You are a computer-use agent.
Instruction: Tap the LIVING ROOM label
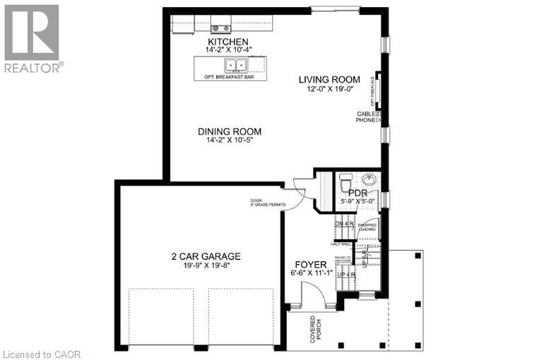point(329,80)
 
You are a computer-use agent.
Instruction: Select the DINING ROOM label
point(230,131)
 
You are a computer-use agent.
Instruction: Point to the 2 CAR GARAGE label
point(206,256)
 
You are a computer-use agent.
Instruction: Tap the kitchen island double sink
point(235,66)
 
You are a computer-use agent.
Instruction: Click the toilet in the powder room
point(345,184)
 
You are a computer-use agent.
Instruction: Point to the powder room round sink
point(370,179)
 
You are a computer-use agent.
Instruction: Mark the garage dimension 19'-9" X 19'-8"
point(206,266)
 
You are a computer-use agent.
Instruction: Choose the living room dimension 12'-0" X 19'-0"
point(329,90)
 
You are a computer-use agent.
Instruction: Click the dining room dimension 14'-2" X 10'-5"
point(230,141)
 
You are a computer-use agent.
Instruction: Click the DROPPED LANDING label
point(367,227)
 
